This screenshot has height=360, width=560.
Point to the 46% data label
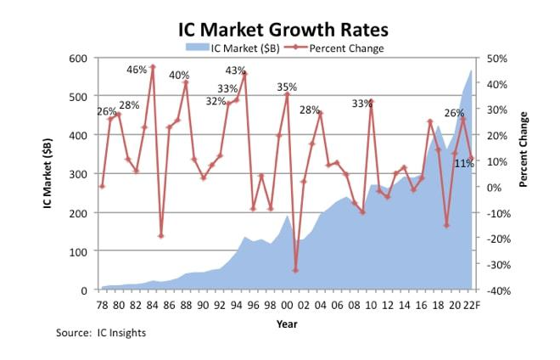(137, 70)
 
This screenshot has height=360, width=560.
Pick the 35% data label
(287, 87)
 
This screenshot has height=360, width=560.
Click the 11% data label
(463, 163)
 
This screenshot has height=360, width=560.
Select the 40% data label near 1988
(179, 76)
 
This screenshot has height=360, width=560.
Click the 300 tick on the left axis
(79, 174)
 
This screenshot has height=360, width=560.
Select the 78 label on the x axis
(102, 305)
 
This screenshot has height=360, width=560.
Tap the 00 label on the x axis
(287, 305)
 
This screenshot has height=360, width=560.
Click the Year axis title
(286, 323)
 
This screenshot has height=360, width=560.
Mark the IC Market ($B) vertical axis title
(52, 174)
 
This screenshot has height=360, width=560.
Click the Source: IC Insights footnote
(101, 333)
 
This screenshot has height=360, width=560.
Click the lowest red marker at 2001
(295, 270)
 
